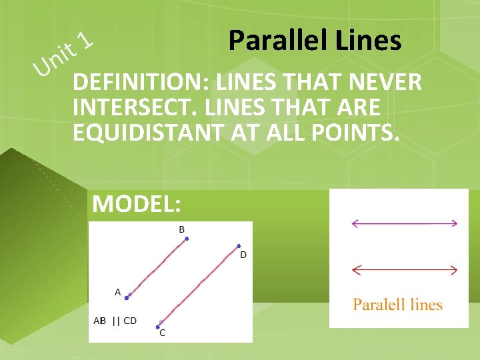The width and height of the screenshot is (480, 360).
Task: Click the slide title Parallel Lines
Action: [x=315, y=41]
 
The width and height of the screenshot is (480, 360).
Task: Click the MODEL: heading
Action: [x=137, y=203]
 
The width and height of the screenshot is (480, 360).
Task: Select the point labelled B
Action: [x=187, y=238]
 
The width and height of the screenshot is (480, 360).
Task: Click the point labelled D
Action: [x=239, y=246]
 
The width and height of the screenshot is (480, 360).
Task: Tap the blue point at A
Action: [x=126, y=297]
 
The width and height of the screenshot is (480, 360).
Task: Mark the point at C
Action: [x=158, y=327]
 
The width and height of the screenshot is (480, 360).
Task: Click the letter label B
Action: [x=181, y=229]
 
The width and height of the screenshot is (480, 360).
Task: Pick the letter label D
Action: [x=243, y=255]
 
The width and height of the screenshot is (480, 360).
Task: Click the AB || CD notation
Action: [x=115, y=321]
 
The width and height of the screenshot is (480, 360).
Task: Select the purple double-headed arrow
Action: [x=404, y=223]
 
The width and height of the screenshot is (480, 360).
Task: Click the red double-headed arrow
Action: [x=404, y=270]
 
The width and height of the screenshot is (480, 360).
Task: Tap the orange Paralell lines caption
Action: [x=397, y=305]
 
